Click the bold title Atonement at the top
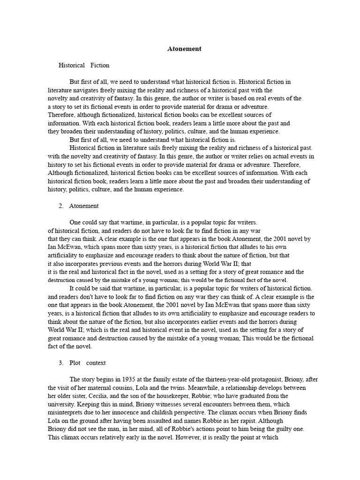tap(184, 48)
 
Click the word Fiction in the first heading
tap(100, 65)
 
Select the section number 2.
tap(61, 206)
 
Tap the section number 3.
tap(61, 363)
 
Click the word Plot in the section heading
tap(75, 363)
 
